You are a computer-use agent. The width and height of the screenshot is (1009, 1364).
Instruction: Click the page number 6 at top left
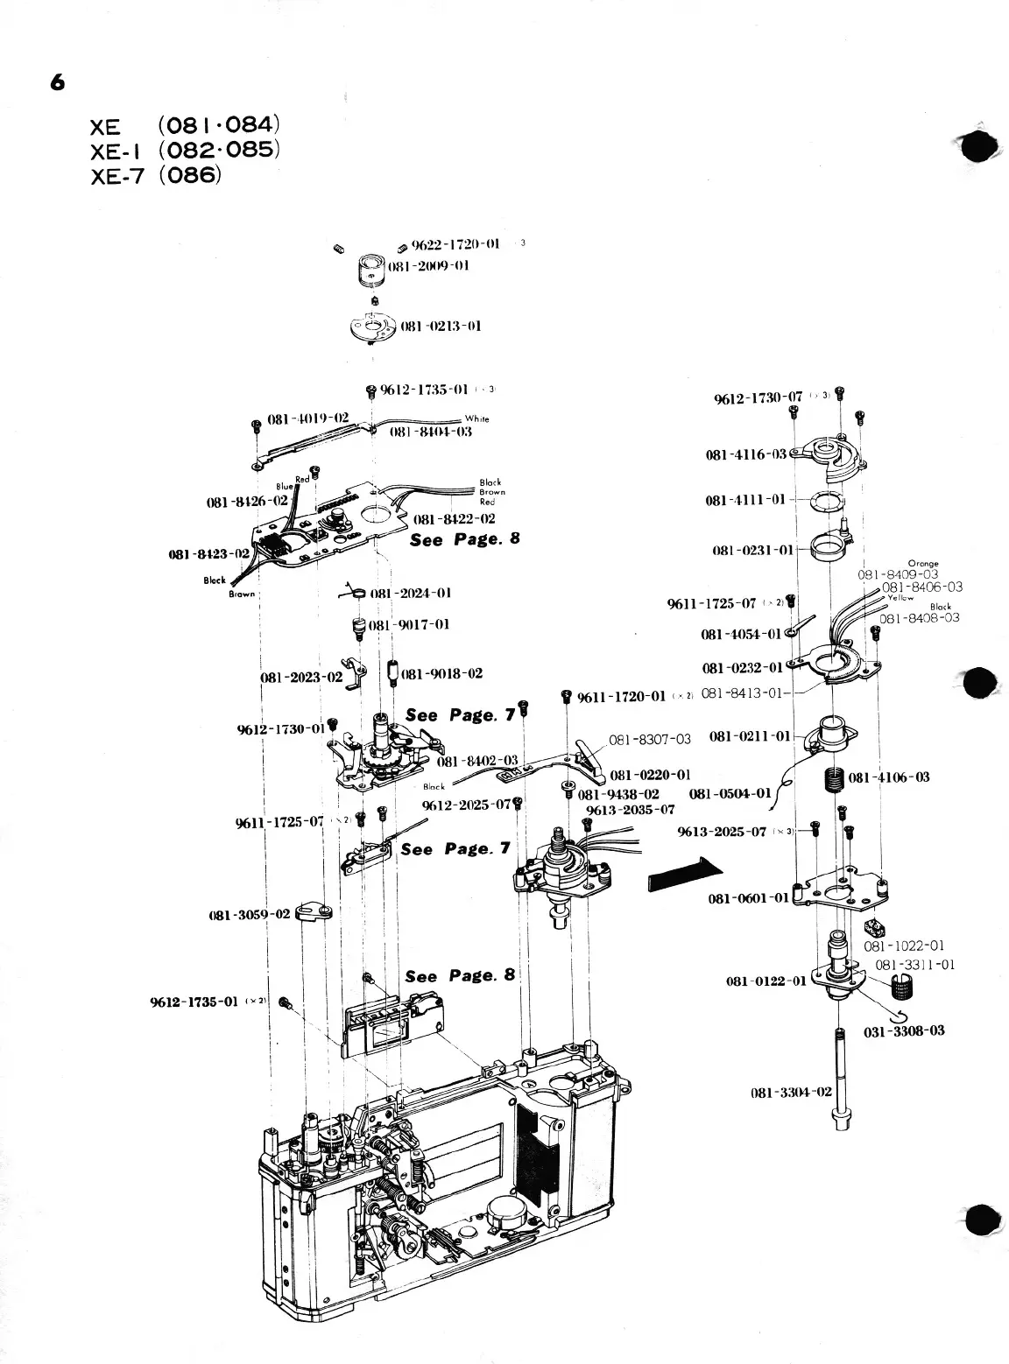[58, 82]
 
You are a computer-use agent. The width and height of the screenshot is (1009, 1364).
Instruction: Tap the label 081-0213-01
[441, 327]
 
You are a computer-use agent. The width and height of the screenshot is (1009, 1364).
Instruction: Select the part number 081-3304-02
[791, 1093]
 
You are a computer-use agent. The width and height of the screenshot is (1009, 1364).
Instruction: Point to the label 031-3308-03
[904, 1031]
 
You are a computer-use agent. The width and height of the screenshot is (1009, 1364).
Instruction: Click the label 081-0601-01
[748, 897]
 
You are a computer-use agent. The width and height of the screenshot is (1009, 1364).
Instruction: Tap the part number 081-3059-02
[249, 915]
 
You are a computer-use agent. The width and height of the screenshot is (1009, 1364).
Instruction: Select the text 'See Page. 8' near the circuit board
[464, 538]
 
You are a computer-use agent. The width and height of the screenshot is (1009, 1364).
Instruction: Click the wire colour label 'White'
[476, 419]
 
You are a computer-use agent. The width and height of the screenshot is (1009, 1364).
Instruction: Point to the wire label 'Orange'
[923, 564]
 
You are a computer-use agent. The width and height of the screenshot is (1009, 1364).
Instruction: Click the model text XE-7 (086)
[157, 174]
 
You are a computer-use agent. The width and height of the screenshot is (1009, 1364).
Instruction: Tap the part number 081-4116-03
[746, 455]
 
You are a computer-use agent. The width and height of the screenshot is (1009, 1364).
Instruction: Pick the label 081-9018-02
[441, 674]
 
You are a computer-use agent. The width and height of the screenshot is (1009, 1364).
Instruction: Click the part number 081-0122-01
[766, 981]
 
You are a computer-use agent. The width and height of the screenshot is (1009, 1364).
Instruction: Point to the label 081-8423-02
[208, 554]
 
